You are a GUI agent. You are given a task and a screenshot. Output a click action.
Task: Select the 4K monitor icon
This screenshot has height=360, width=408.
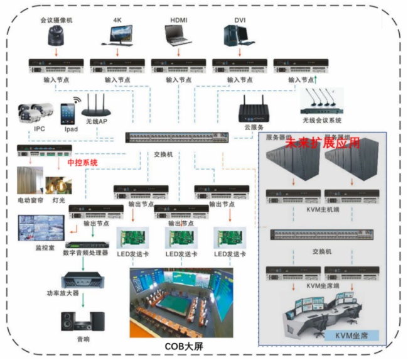119,36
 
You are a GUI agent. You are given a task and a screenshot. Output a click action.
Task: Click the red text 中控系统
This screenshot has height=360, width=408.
82,162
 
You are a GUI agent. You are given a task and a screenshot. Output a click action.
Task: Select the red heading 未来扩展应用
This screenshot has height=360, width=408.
323,143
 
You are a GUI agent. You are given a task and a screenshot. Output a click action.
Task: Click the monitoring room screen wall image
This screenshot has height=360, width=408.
42,229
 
